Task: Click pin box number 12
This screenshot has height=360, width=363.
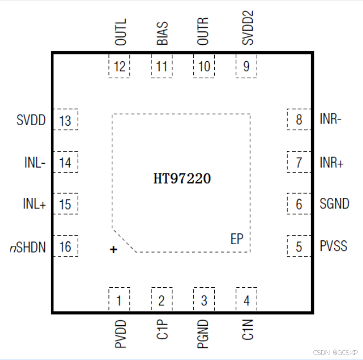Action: pos(119,67)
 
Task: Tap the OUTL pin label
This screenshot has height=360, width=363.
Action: pos(121,32)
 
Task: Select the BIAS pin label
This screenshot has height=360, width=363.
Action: pos(162,33)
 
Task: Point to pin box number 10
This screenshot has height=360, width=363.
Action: pos(204,67)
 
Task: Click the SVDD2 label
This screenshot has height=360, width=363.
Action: pos(247,29)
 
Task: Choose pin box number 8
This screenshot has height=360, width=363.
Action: pos(299,120)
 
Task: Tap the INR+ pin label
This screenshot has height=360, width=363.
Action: pos(332,163)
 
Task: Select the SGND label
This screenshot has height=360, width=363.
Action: pos(334,204)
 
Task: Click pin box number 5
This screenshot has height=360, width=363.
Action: pos(299,246)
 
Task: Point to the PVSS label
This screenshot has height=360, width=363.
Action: pos(334,245)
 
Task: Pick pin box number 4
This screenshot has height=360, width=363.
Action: pos(246,300)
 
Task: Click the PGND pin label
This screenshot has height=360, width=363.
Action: pos(204,334)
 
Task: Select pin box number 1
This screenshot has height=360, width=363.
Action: pos(119,300)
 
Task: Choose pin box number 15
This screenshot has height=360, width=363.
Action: pos(65,205)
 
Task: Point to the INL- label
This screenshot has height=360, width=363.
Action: pos(35,163)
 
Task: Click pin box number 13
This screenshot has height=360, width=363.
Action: pos(65,120)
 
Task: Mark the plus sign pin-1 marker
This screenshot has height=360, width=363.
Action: pos(113,250)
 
